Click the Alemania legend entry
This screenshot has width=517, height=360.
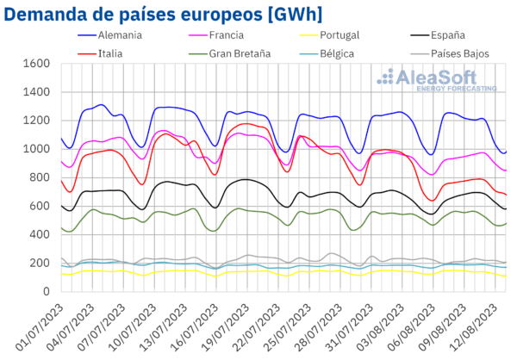[110, 35]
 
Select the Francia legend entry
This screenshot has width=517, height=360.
[216, 35]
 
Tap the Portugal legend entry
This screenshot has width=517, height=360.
[329, 35]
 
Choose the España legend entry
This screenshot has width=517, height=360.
[438, 35]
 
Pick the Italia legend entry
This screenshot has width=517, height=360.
[100, 53]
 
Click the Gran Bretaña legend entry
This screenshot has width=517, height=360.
[230, 53]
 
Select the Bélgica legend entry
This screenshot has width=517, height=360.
[327, 53]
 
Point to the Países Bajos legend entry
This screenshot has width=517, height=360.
[450, 53]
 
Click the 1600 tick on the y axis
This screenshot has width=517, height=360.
[36, 63]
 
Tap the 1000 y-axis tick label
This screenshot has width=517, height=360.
[36, 149]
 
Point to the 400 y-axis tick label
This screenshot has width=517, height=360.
[40, 235]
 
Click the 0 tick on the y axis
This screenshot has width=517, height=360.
[47, 292]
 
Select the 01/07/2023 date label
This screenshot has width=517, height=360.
[40, 327]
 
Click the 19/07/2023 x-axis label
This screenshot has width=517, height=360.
[226, 327]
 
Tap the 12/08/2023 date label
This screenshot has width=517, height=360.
[475, 327]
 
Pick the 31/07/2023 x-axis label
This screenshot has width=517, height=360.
[350, 327]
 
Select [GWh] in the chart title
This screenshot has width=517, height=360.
[295, 16]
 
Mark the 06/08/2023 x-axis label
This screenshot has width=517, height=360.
[413, 327]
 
